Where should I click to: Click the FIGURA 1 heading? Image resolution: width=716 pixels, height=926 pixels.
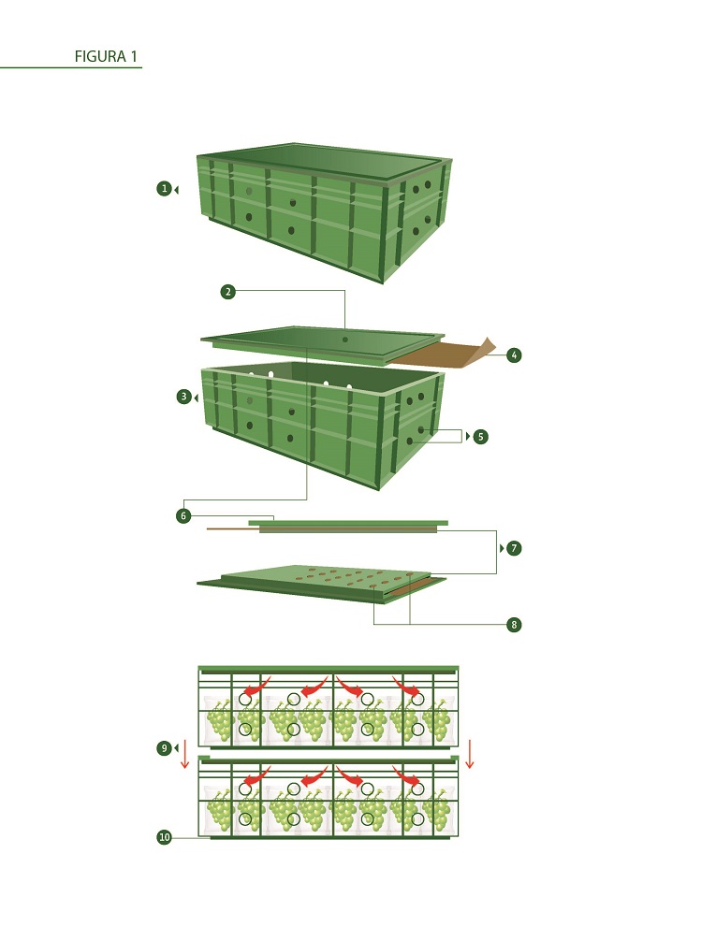[106, 57]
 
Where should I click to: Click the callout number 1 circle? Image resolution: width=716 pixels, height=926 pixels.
[164, 189]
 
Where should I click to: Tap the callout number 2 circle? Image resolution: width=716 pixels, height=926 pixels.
[227, 292]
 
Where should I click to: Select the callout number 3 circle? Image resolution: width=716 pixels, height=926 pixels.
[183, 397]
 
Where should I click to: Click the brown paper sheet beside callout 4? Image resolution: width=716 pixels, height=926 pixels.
[440, 354]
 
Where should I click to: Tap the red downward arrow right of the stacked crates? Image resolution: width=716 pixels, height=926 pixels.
[470, 753]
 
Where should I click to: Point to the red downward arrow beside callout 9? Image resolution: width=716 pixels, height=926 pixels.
[185, 753]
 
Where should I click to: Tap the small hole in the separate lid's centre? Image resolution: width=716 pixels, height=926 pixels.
[345, 340]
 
